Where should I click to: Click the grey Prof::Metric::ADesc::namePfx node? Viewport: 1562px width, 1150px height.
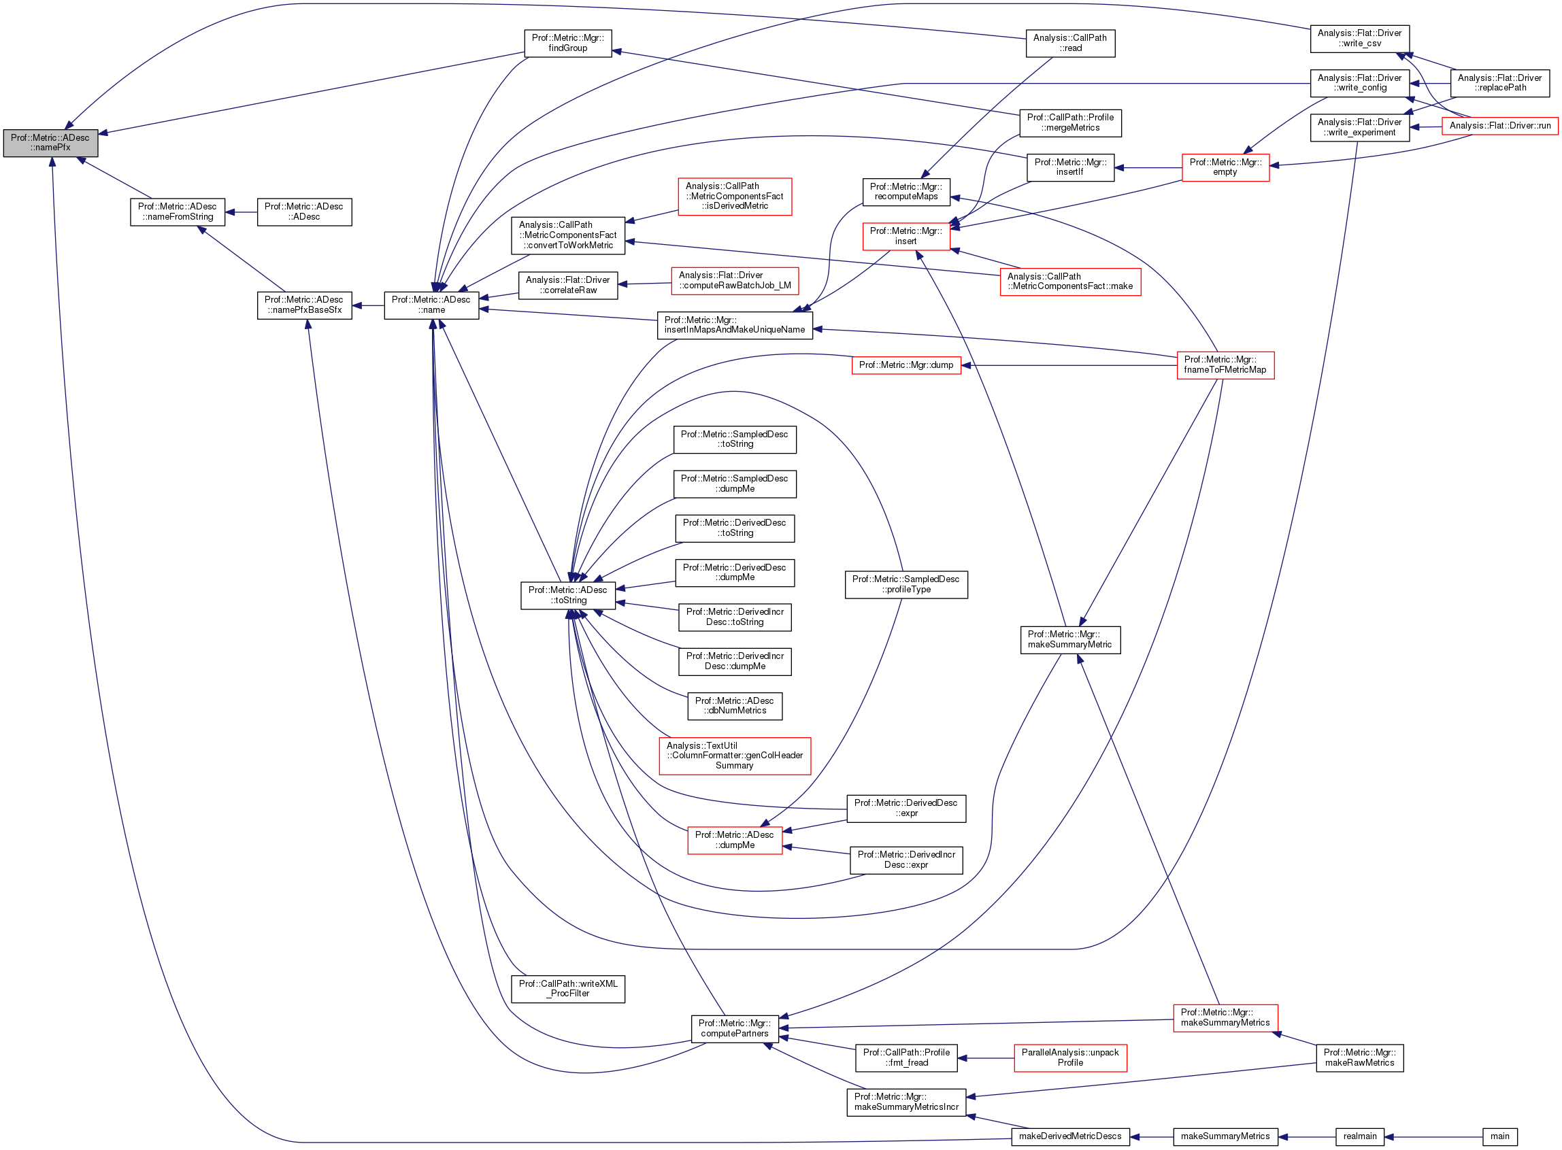50,143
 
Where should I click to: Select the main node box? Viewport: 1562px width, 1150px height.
1499,1136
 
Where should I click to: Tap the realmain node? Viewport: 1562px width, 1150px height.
1359,1136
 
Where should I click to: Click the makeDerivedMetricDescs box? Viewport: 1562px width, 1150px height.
1069,1136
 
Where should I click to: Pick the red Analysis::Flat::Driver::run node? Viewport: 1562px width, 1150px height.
1499,126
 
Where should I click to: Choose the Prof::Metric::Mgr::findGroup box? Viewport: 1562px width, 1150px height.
567,43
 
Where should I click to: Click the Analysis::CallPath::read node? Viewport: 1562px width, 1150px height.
1069,43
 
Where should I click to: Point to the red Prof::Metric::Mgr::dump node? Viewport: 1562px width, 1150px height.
906,365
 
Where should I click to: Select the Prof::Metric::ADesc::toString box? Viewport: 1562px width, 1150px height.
567,595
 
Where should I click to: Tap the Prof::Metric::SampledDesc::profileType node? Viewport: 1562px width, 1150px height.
906,585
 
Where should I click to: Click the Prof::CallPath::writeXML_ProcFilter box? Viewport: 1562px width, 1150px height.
567,989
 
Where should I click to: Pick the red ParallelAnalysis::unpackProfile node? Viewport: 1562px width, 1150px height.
1069,1058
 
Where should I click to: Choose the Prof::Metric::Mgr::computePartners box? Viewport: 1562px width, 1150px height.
735,1028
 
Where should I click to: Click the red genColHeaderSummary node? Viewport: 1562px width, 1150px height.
735,756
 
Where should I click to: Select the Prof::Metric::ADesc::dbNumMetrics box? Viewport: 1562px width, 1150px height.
735,706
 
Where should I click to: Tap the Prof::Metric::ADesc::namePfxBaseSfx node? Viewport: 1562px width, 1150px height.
304,305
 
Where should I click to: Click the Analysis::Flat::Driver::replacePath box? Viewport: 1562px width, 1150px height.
1499,83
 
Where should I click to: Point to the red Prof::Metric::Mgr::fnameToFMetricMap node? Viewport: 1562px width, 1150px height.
1225,365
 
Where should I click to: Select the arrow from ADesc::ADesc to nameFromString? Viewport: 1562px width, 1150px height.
241,212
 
